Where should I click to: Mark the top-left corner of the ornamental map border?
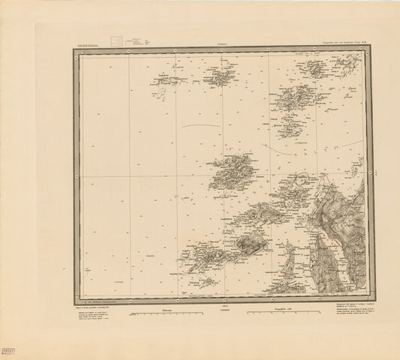(76, 50)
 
